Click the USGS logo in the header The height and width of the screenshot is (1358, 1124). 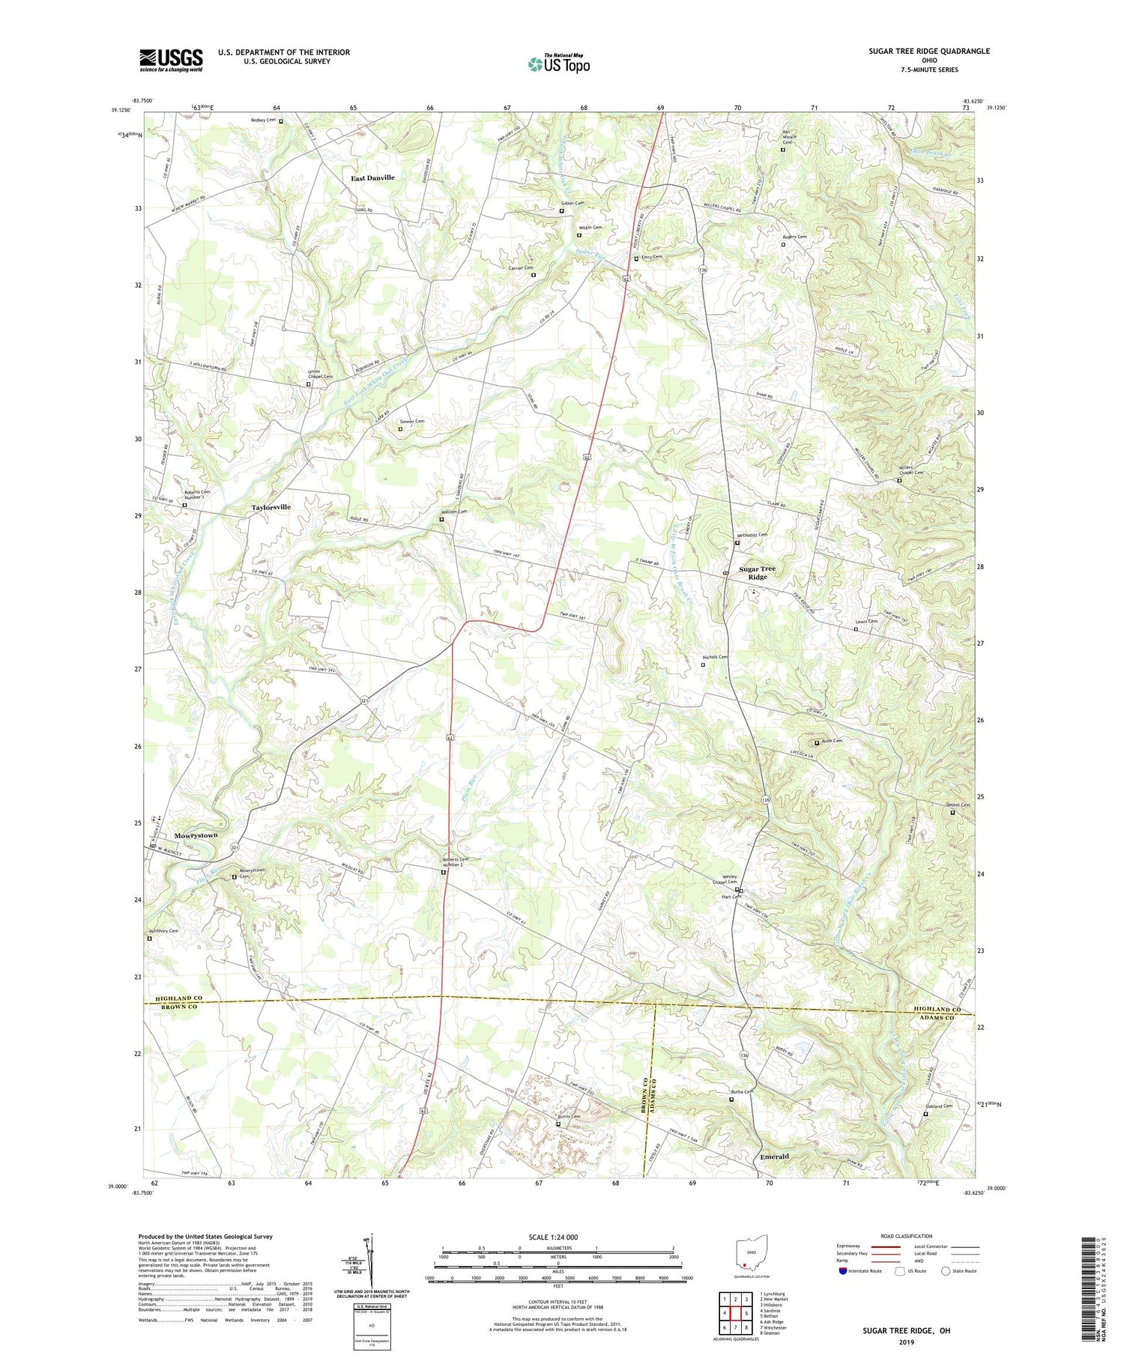tap(171, 60)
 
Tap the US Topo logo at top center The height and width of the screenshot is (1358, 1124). tap(558, 64)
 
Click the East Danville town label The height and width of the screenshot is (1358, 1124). tap(373, 178)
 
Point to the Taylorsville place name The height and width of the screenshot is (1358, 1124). tap(271, 507)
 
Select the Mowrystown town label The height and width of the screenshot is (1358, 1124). tap(196, 835)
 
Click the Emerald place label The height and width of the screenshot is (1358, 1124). tap(774, 1157)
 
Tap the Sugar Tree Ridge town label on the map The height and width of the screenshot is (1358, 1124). tap(758, 573)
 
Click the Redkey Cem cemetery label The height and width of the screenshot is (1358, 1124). tap(263, 121)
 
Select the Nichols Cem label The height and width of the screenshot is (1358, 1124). tap(715, 657)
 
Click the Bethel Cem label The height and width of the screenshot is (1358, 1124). tap(958, 805)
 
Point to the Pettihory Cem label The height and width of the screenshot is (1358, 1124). tap(163, 931)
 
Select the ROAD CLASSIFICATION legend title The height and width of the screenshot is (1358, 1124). tap(907, 1236)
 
